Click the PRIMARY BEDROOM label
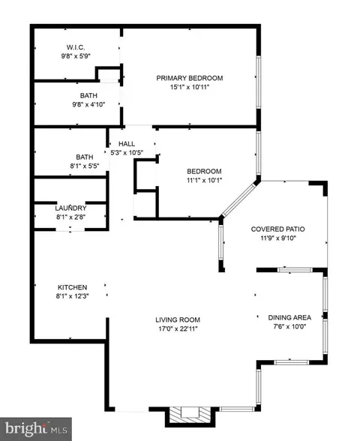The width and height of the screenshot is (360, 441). pos(190,78)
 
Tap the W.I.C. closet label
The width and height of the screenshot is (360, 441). pos(76,47)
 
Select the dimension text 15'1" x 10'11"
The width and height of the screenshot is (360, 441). pos(190,87)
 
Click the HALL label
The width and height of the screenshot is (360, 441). pos(127,144)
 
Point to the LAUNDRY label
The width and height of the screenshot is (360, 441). pos(70,208)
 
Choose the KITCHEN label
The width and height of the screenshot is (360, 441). pos(72,287)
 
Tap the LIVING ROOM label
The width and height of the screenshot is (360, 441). pos(178,319)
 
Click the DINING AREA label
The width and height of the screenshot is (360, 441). pos(289,317)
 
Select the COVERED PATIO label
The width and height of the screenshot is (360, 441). pos(277,229)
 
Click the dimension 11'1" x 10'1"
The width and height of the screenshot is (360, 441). pos(205,180)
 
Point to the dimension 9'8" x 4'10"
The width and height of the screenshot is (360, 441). pos(88,105)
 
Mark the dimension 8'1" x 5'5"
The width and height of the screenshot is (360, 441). pos(85,166)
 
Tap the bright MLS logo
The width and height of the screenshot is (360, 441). pos(36,429)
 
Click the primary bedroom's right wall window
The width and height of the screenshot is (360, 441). pos(259,81)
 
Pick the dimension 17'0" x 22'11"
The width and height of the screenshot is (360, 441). pos(178,328)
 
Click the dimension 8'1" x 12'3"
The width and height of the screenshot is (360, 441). pos(72,296)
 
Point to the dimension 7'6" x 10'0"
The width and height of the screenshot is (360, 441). pos(289,326)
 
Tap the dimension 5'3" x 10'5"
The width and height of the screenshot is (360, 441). pos(127,153)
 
